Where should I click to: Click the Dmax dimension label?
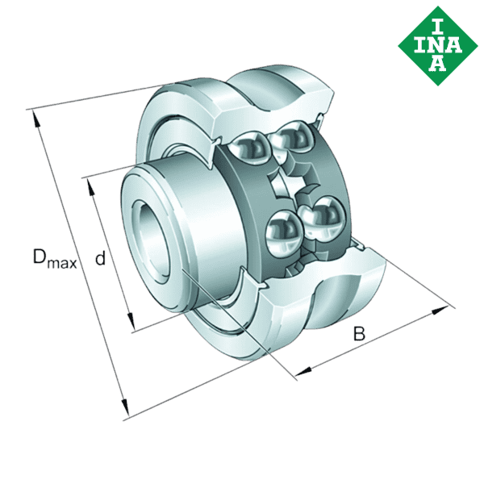click(x=54, y=259)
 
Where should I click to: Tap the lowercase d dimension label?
click(x=101, y=258)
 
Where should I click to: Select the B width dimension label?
click(x=360, y=333)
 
